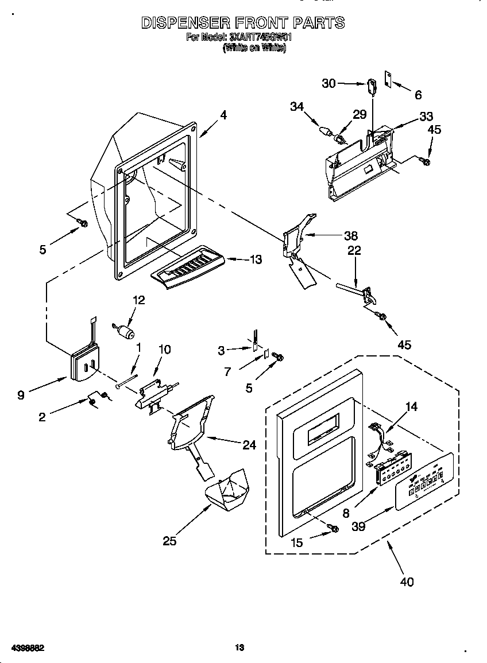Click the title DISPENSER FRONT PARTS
pyautogui.click(x=243, y=23)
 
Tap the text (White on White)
pyautogui.click(x=254, y=48)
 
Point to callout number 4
pyautogui.click(x=223, y=115)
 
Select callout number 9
pyautogui.click(x=22, y=395)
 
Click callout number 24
pyautogui.click(x=248, y=444)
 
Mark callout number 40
pyautogui.click(x=406, y=582)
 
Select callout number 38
pyautogui.click(x=350, y=235)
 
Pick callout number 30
pyautogui.click(x=328, y=83)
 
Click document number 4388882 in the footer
pyautogui.click(x=24, y=648)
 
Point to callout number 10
pyautogui.click(x=164, y=349)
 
